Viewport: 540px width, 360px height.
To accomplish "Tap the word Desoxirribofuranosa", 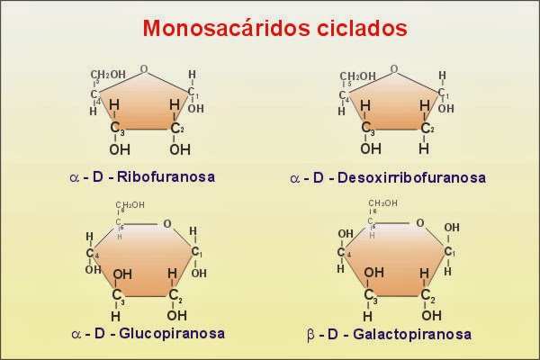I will [x=412, y=177].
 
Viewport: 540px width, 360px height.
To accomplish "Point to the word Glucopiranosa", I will [x=173, y=333].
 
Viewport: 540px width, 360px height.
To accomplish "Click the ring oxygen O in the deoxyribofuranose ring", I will [x=393, y=68].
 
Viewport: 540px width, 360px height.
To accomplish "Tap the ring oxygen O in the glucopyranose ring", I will [x=166, y=224].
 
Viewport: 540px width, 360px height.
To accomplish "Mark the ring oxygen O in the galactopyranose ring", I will [x=418, y=222].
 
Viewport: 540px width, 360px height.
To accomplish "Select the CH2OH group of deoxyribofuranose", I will [x=357, y=76].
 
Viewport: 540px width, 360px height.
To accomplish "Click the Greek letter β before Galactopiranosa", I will [x=310, y=335].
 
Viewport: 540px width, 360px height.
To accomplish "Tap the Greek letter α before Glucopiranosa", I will [x=76, y=334].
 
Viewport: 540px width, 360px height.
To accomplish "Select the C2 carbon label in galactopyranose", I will [x=427, y=298].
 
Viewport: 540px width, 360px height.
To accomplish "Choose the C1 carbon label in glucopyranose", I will [x=195, y=254].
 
